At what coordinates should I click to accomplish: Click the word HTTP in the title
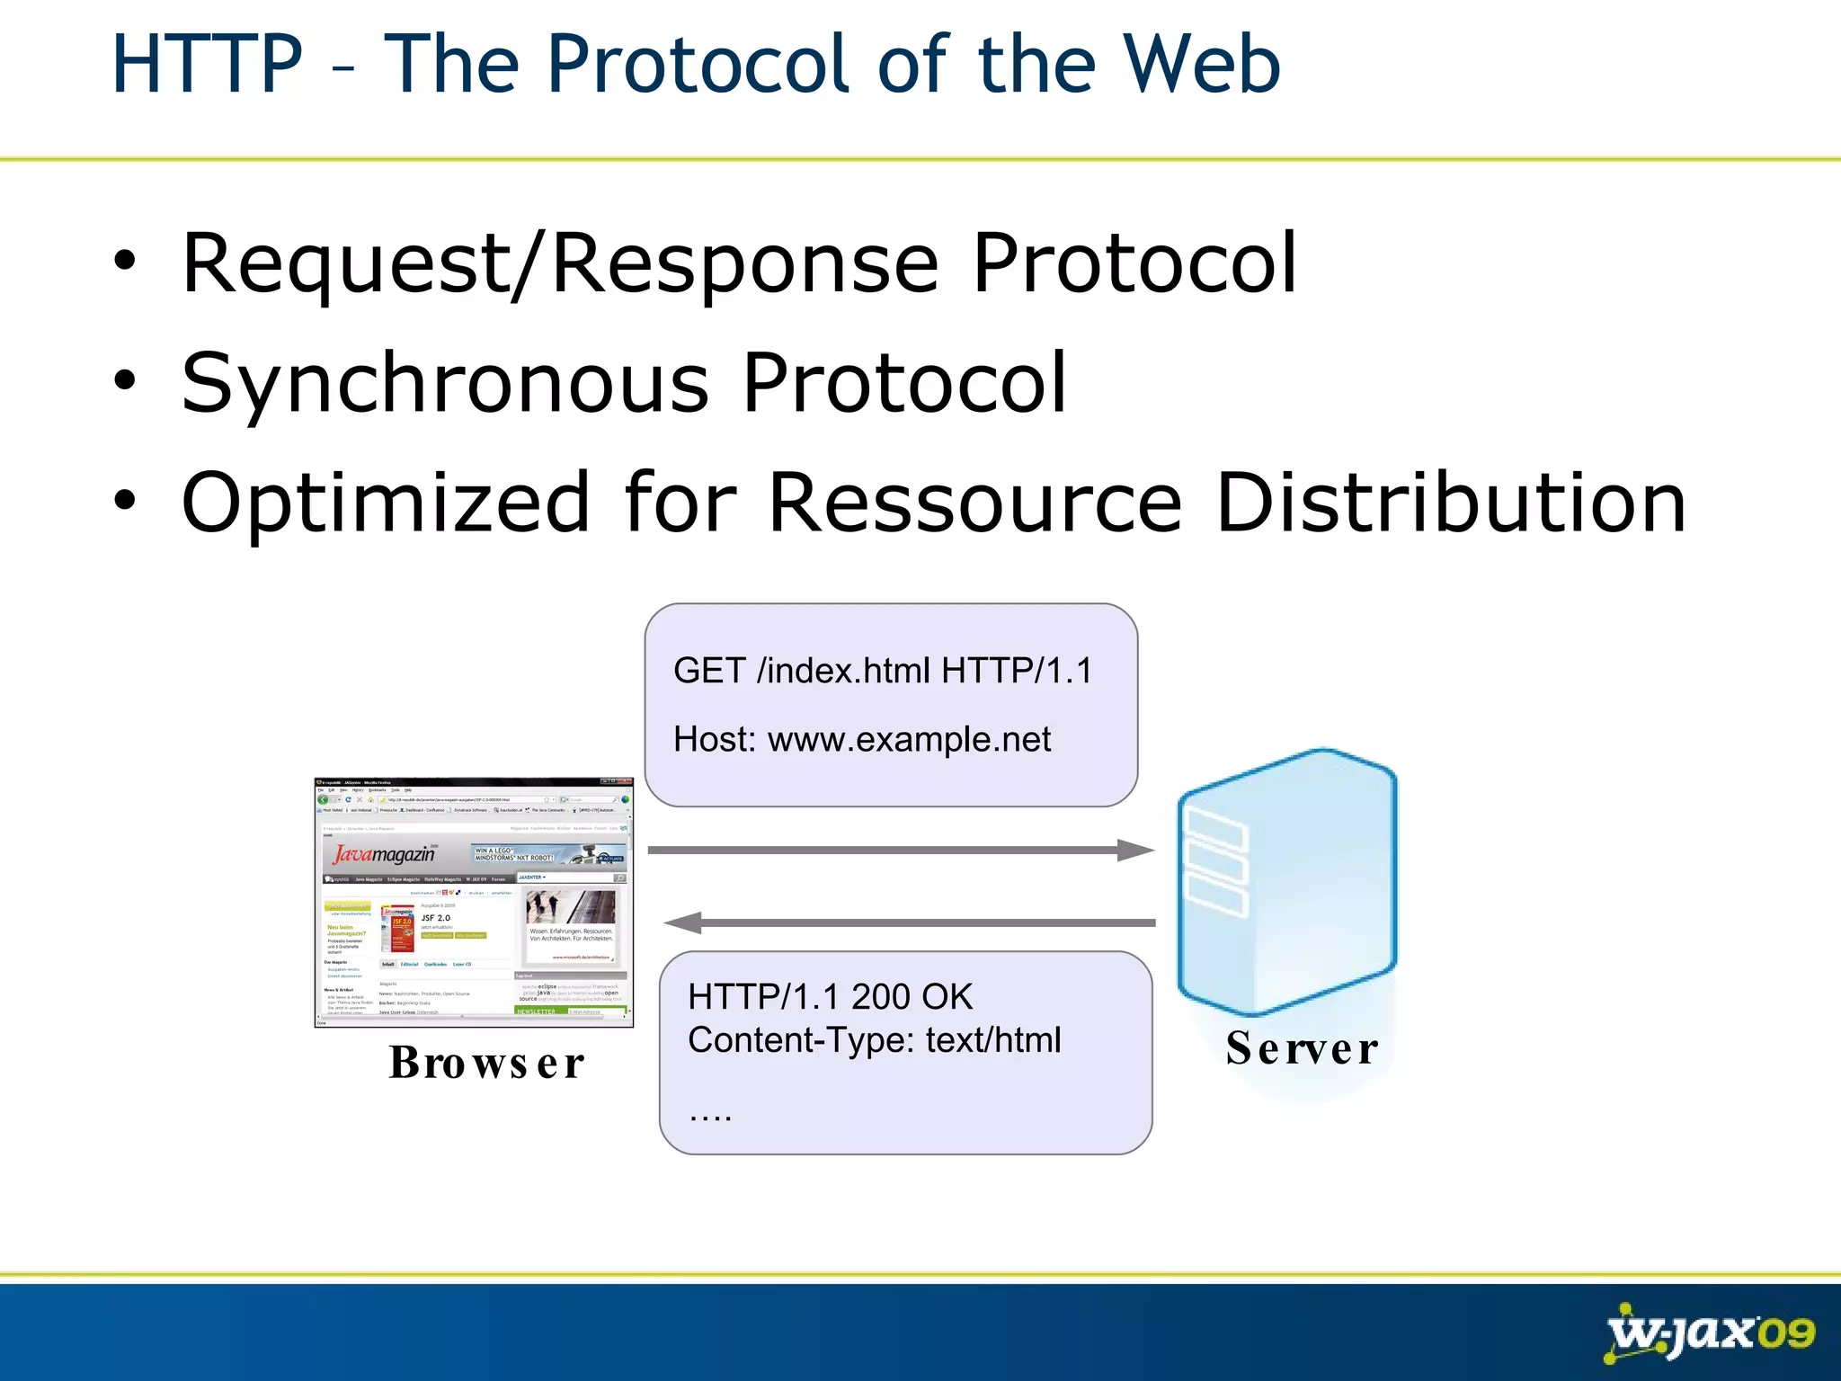pyautogui.click(x=207, y=65)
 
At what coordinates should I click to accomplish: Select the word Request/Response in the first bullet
pyautogui.click(x=560, y=263)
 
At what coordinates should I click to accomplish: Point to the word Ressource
pyautogui.click(x=975, y=503)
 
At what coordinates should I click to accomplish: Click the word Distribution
pyautogui.click(x=1450, y=503)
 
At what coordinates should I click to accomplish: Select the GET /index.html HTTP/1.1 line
pyautogui.click(x=882, y=671)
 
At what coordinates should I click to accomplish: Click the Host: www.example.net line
pyautogui.click(x=861, y=740)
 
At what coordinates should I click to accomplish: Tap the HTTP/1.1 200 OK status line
pyautogui.click(x=830, y=996)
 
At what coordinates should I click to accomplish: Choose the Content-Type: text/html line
pyautogui.click(x=874, y=1040)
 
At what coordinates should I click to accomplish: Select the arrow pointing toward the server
pyautogui.click(x=899, y=850)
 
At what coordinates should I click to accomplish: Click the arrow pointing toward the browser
pyautogui.click(x=908, y=922)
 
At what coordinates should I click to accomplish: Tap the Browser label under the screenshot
pyautogui.click(x=486, y=1063)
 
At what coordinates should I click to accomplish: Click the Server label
pyautogui.click(x=1302, y=1048)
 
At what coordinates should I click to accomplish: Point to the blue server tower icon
pyautogui.click(x=1287, y=881)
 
